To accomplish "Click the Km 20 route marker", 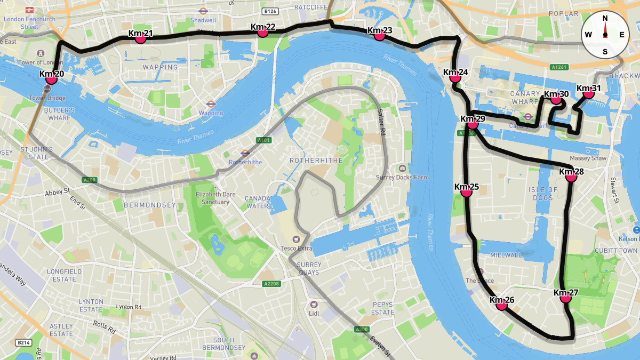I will (x=51, y=79).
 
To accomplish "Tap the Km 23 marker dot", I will (x=379, y=36).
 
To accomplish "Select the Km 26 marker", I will (x=501, y=305).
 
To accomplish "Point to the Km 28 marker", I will (x=571, y=177).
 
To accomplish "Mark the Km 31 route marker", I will (x=588, y=93).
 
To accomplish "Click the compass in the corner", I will (x=605, y=35).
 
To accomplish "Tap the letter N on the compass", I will (x=605, y=18).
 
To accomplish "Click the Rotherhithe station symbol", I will (x=245, y=153).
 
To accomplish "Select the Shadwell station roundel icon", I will (x=203, y=11).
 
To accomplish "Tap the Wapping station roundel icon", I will (x=211, y=105).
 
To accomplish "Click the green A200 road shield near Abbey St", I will (x=89, y=180).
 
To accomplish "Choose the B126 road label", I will (x=270, y=11).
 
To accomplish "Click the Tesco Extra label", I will (x=297, y=248).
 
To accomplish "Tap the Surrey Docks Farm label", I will (x=410, y=177).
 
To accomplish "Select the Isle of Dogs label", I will (x=543, y=194).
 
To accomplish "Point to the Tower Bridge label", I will (x=47, y=98).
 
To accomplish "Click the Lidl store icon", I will (x=314, y=305).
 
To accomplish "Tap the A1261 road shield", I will (x=559, y=67).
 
